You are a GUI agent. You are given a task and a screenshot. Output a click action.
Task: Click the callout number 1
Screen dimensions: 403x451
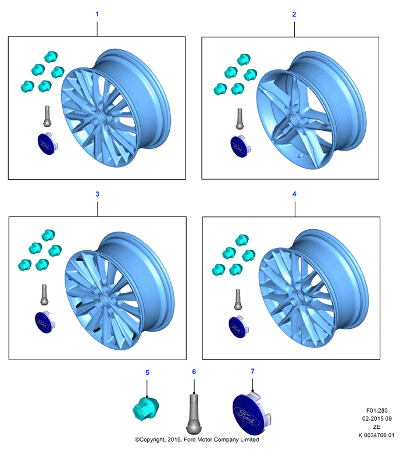[97, 14]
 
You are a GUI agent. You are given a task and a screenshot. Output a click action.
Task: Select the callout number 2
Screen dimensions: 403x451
[294, 15]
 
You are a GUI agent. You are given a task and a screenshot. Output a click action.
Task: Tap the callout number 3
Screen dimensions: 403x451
[98, 194]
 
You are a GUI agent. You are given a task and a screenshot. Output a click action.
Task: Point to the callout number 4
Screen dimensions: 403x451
[294, 194]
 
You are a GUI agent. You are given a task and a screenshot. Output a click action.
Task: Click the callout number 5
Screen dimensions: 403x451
[147, 372]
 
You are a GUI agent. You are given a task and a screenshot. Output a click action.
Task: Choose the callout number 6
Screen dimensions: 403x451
[194, 372]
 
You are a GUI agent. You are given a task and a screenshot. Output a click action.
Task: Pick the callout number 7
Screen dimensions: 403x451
[252, 371]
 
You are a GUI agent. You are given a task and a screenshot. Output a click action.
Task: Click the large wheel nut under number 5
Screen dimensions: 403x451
[146, 408]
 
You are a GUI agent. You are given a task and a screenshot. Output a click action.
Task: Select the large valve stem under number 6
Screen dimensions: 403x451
[194, 414]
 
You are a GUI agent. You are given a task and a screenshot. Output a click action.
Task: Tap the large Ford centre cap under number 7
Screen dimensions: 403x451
[251, 414]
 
